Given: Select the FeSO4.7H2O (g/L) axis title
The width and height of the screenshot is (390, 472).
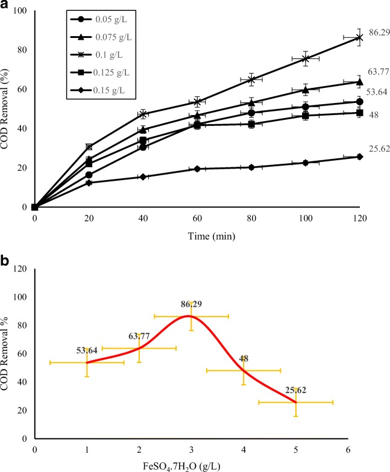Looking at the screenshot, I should click(x=193, y=464).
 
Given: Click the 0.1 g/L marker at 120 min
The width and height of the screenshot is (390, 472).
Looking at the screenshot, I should click(x=360, y=37).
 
